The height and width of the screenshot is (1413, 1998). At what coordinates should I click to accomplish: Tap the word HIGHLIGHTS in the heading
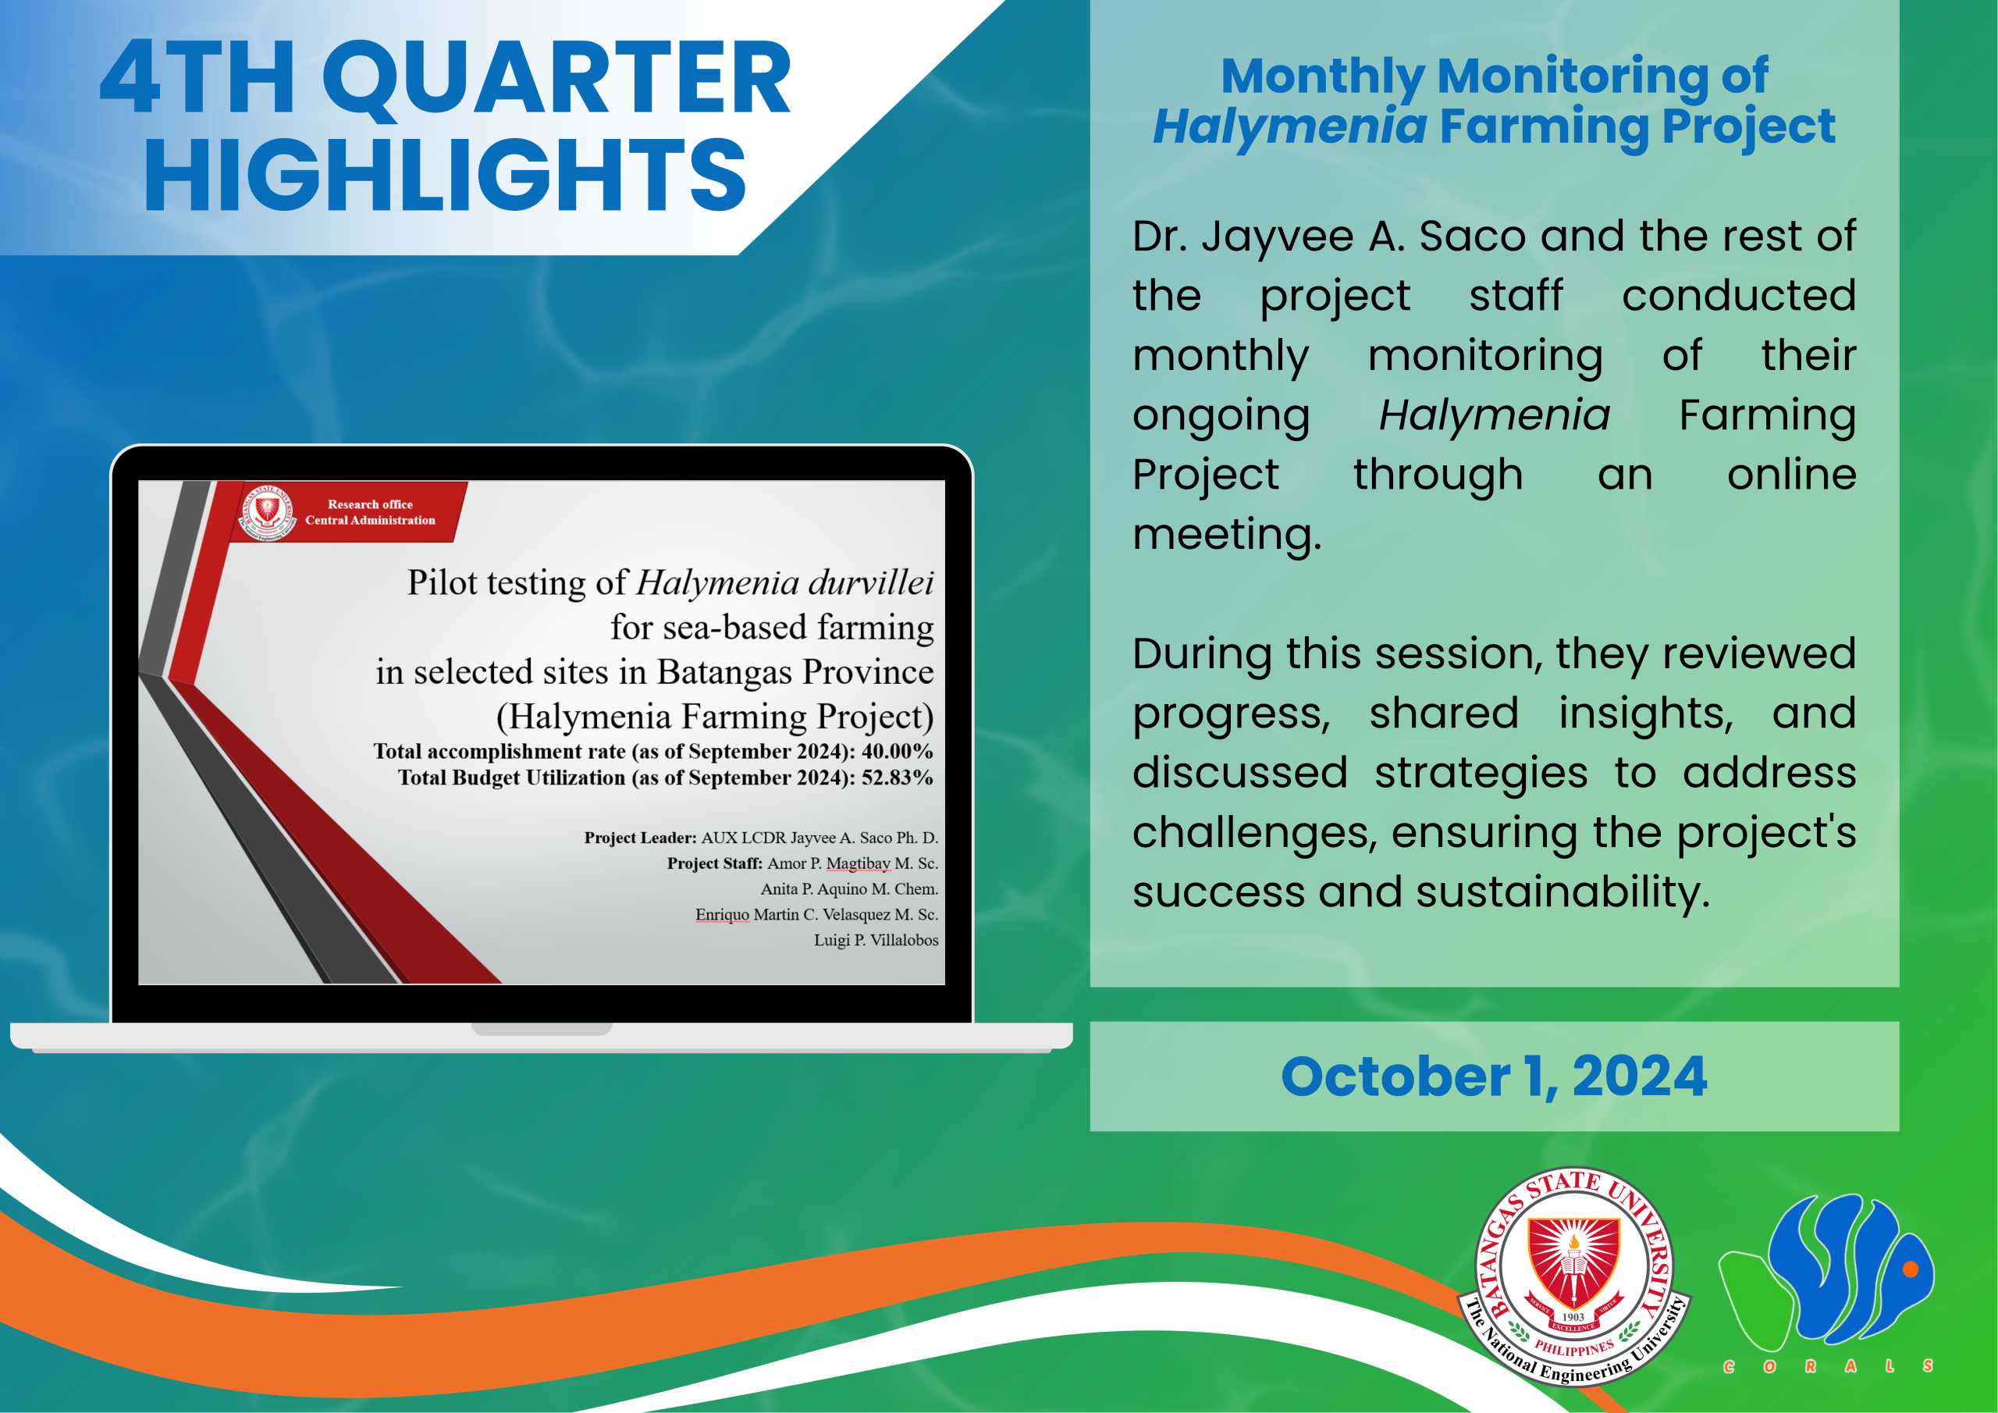click(445, 174)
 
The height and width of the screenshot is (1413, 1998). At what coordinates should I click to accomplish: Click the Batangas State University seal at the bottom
click(1574, 1276)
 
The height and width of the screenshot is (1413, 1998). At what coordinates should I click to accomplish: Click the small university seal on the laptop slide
click(267, 512)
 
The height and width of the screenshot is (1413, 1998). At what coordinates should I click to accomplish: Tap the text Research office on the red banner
click(370, 504)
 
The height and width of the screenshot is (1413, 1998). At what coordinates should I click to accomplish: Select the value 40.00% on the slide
click(898, 751)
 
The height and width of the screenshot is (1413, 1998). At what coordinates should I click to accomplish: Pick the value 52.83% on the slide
click(898, 778)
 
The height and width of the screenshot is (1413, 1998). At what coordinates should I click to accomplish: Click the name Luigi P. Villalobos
click(876, 940)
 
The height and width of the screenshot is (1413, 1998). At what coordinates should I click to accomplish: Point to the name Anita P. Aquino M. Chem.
click(849, 889)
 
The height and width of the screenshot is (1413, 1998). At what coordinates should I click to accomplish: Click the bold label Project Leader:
click(641, 838)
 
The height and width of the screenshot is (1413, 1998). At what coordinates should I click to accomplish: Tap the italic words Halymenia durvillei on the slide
click(785, 582)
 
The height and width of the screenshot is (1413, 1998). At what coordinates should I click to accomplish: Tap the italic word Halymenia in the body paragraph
click(1494, 415)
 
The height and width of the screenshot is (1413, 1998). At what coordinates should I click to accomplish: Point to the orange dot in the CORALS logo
click(1911, 1269)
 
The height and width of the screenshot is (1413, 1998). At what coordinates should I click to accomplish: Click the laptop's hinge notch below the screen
click(542, 1029)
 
